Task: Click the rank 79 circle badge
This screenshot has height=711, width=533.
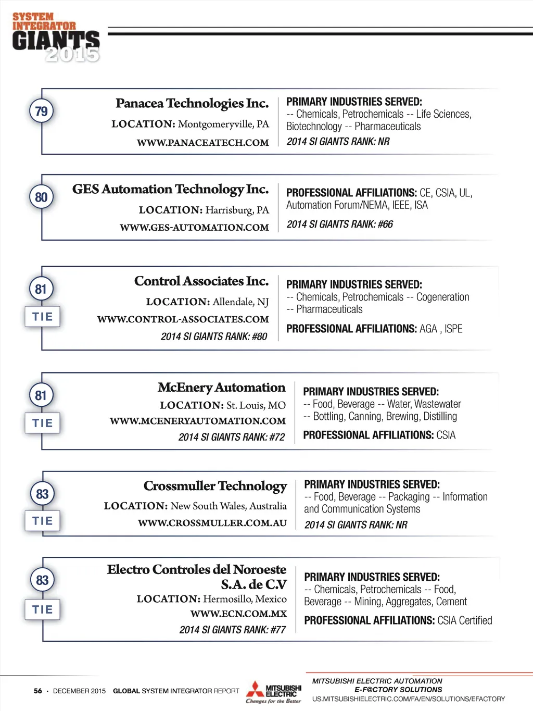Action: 41,111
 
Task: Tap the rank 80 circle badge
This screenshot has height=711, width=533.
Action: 41,197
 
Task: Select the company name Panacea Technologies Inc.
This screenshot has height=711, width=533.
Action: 192,103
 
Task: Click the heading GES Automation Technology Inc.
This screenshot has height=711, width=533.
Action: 170,189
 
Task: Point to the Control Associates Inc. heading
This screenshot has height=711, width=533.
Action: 201,281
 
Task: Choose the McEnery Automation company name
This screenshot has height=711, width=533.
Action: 221,388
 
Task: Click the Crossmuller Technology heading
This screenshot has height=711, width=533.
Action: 215,486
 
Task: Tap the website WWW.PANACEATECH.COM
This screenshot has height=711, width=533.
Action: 202,143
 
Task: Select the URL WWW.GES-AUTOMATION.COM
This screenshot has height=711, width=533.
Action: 194,228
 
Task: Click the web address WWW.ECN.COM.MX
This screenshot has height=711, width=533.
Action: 238,614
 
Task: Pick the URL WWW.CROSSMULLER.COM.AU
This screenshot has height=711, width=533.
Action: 212,523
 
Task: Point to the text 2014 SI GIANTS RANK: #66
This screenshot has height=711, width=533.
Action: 339,224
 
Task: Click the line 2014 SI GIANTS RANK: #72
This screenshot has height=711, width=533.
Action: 231,437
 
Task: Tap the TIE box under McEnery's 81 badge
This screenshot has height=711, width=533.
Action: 42,423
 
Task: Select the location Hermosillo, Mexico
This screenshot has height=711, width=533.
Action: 245,599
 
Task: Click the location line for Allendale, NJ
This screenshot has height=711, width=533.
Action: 207,302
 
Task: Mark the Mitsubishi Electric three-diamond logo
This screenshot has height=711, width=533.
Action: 255,689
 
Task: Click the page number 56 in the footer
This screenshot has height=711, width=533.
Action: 38,691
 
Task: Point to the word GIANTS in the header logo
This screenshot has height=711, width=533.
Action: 56,41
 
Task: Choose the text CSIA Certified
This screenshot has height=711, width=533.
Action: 464,620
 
